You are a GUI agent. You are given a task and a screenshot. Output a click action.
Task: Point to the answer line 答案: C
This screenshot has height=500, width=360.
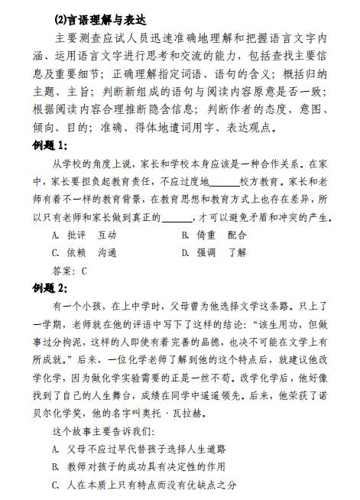(70, 270)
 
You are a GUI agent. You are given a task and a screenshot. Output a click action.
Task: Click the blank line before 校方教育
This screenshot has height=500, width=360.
(223, 183)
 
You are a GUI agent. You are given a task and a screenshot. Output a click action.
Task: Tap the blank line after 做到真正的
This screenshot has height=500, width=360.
(177, 217)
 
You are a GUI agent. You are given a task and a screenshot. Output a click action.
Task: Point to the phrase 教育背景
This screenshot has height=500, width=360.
(150, 200)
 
